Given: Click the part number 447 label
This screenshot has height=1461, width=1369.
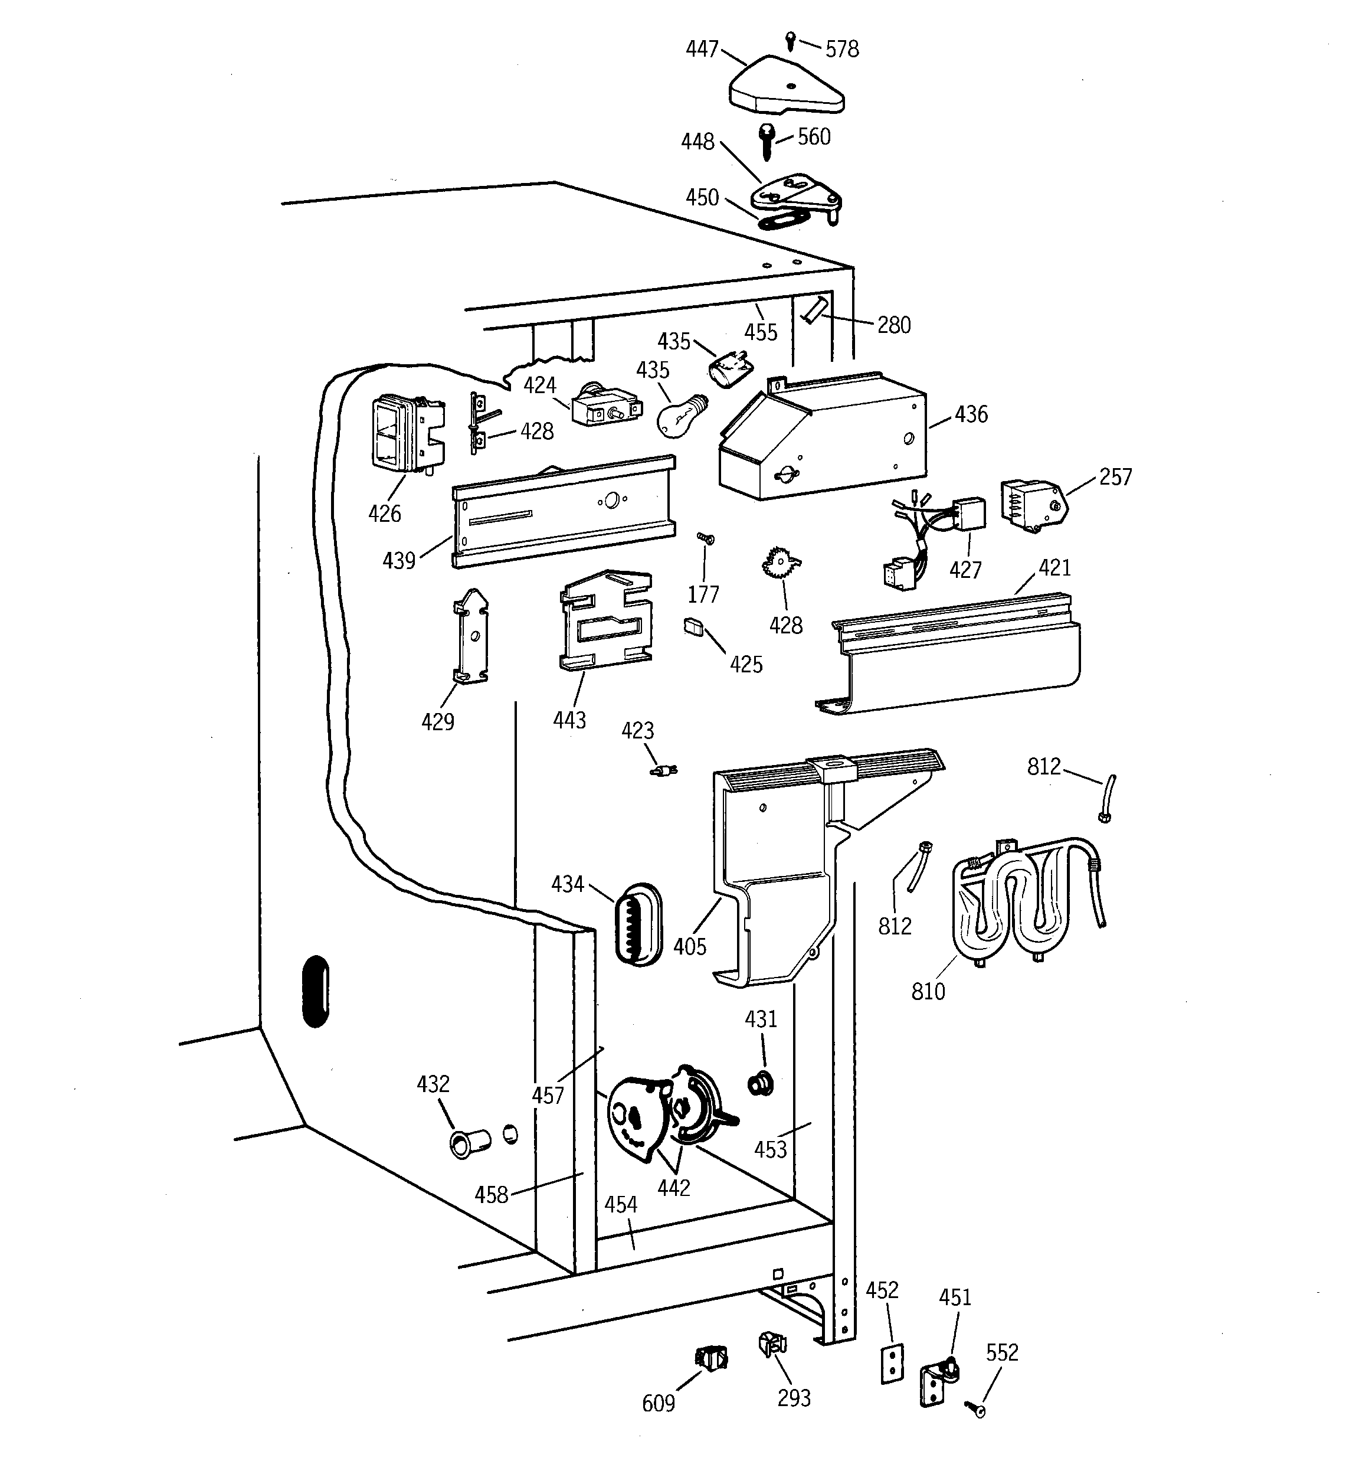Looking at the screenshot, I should [x=702, y=49].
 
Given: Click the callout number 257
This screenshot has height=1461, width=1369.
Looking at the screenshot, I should [x=1115, y=477].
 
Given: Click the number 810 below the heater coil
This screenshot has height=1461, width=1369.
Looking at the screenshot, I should [x=928, y=991].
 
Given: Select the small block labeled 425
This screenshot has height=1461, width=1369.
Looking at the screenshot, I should [x=693, y=626].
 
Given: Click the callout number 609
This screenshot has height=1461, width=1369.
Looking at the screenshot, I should [x=658, y=1404].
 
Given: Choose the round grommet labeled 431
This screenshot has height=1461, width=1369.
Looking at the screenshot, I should [x=761, y=1083].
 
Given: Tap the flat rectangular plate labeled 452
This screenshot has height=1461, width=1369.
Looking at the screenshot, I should [x=892, y=1365].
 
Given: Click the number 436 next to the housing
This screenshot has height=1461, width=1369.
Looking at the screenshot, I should [x=971, y=414].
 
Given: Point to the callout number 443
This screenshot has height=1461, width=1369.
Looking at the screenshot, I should [x=569, y=720].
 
